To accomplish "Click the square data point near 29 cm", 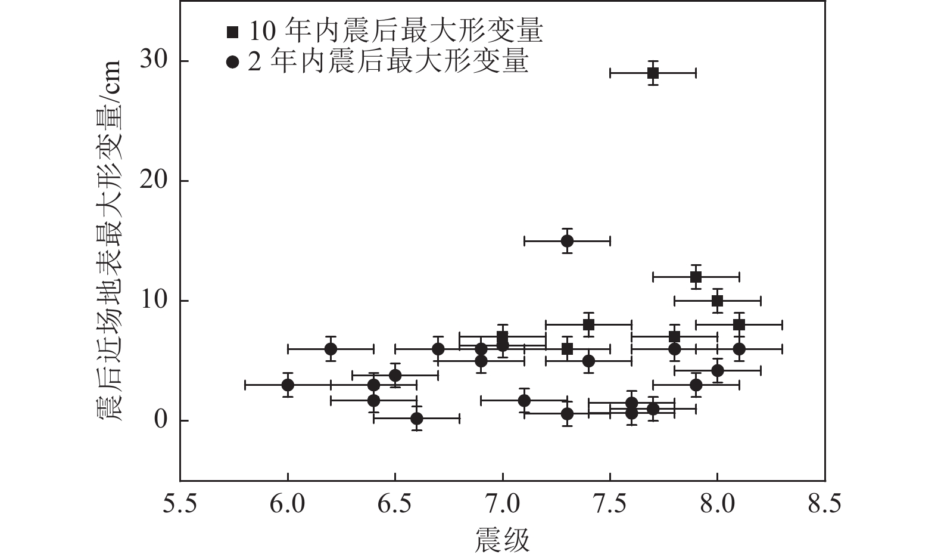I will [653, 73].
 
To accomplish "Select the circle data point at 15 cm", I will [567, 241].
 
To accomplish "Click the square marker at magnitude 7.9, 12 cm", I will [696, 277].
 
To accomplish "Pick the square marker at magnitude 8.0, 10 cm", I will [717, 301].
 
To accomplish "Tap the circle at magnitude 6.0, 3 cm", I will [288, 385].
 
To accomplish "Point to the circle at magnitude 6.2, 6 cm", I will [331, 349].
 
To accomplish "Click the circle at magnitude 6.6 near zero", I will [417, 419].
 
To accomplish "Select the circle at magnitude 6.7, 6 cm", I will [438, 349].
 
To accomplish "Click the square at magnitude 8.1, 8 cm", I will [738, 324].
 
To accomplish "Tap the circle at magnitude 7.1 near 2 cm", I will [524, 400].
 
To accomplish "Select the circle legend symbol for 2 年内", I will [232, 62].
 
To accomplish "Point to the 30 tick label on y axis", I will [154, 61].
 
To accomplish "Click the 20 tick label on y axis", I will [154, 181].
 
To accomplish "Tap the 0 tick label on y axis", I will [160, 420].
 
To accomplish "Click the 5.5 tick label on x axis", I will [180, 505].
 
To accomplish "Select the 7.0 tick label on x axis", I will [502, 505].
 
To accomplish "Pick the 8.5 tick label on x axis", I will [824, 505].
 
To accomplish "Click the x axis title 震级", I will [502, 540].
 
